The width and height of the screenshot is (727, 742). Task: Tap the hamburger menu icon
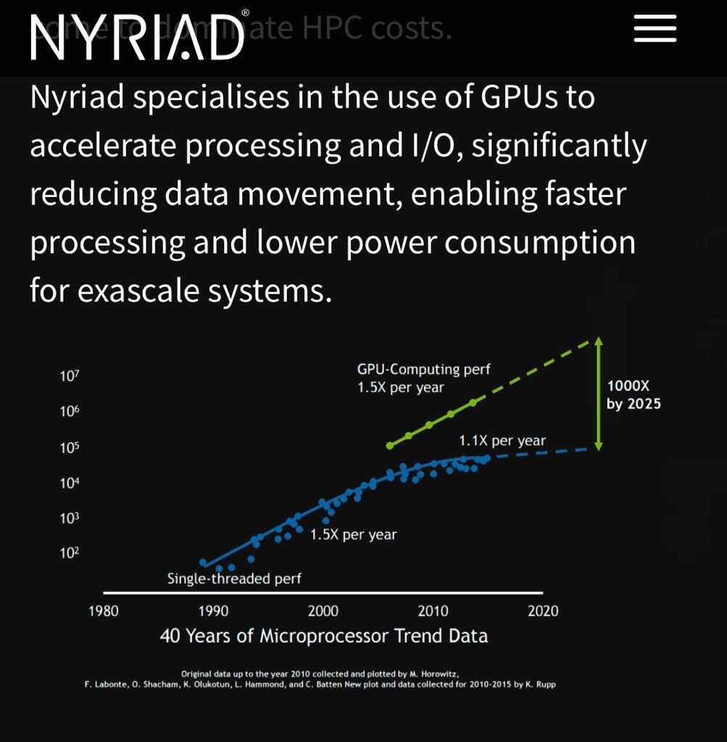tap(655, 29)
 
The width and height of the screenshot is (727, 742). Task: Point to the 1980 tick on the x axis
tap(103, 611)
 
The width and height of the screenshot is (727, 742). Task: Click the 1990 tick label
tap(213, 611)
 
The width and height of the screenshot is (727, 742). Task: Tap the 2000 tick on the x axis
tap(323, 611)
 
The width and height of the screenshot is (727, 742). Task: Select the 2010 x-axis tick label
tap(433, 611)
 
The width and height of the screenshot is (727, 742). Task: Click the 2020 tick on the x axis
tap(543, 611)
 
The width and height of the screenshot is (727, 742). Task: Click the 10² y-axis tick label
tap(70, 554)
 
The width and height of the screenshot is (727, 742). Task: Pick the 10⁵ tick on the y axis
tap(70, 447)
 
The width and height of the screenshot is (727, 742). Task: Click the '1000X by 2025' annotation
tap(633, 396)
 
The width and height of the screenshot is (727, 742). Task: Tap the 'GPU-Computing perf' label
tap(423, 370)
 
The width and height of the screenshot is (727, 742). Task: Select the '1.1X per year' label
tap(502, 440)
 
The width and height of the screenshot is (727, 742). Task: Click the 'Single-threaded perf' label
tap(233, 578)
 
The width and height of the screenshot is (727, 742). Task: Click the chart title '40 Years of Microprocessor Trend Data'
tap(323, 636)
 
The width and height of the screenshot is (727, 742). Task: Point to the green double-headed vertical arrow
tap(599, 393)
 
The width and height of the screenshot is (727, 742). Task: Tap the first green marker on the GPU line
tap(389, 445)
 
